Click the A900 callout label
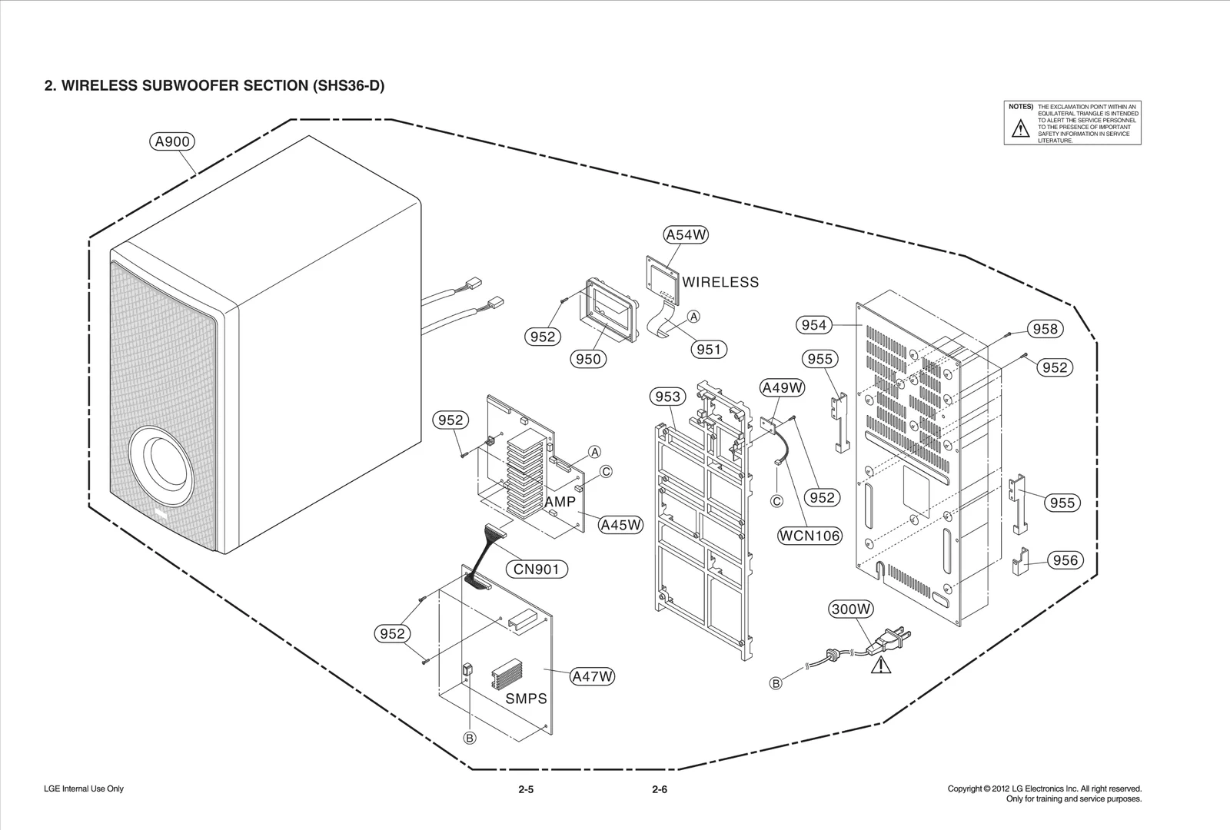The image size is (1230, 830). [171, 141]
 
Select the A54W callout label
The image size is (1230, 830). [685, 234]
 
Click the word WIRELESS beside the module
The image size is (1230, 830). [720, 282]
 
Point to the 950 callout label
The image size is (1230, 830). [588, 359]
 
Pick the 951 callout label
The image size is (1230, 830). [708, 350]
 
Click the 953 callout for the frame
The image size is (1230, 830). [667, 397]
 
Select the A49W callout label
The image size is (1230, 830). [782, 388]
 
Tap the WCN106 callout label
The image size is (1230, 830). [809, 536]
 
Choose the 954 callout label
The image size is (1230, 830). [813, 325]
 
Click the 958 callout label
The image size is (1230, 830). [1045, 329]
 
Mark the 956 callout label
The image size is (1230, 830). [1065, 560]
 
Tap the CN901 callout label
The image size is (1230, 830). [537, 569]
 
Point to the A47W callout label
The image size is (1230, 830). [593, 676]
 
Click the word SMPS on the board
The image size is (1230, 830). [527, 699]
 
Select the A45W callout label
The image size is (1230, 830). [620, 525]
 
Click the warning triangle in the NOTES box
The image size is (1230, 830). [1020, 128]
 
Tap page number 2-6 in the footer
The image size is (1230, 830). [659, 789]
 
